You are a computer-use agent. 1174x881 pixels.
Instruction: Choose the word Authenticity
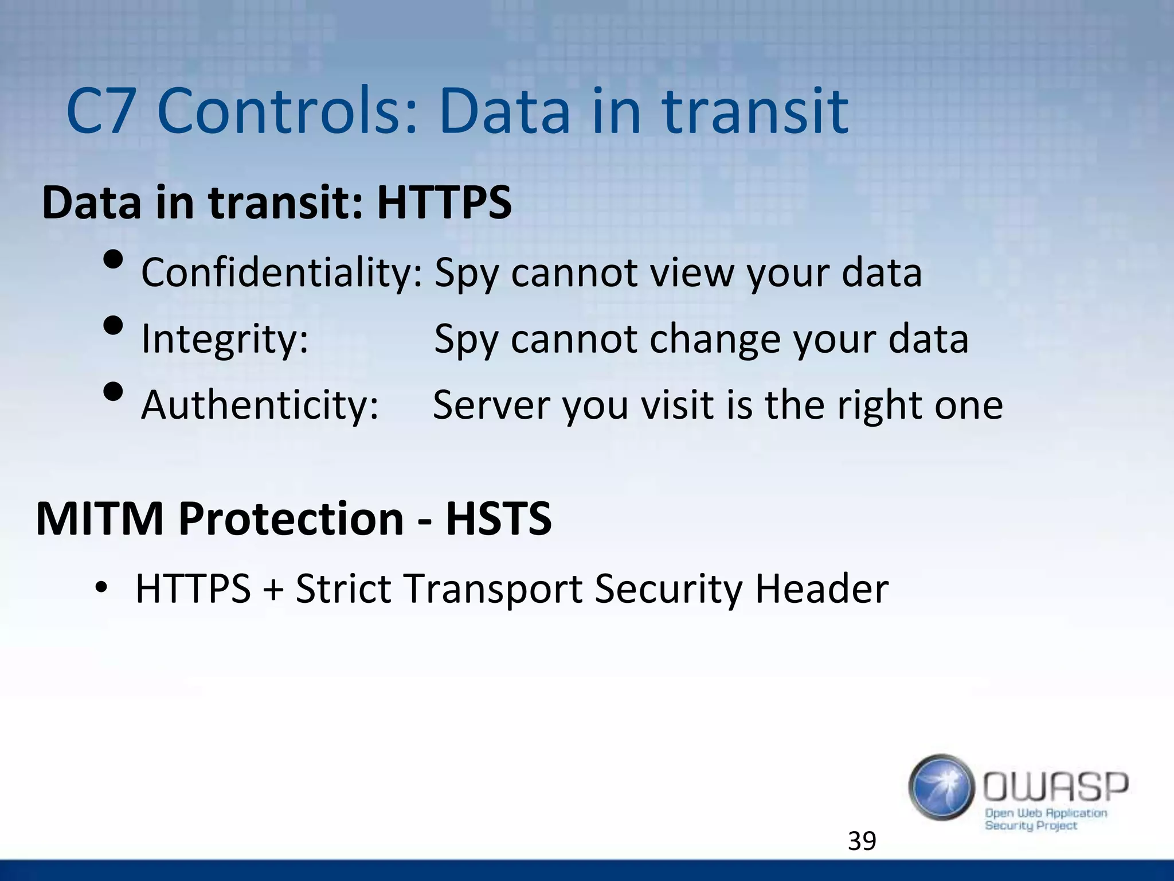pos(260,405)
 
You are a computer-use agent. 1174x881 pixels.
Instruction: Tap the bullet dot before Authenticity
pos(114,392)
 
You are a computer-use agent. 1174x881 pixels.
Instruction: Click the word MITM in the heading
pos(100,519)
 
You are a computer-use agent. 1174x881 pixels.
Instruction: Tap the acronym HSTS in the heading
pos(498,519)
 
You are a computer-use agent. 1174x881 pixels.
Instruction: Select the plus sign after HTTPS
pos(273,590)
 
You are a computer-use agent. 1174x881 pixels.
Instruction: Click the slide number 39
pos(862,841)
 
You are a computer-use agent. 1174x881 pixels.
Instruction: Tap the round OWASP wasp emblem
pos(941,787)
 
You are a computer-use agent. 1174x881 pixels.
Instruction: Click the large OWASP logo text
pos(1055,787)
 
